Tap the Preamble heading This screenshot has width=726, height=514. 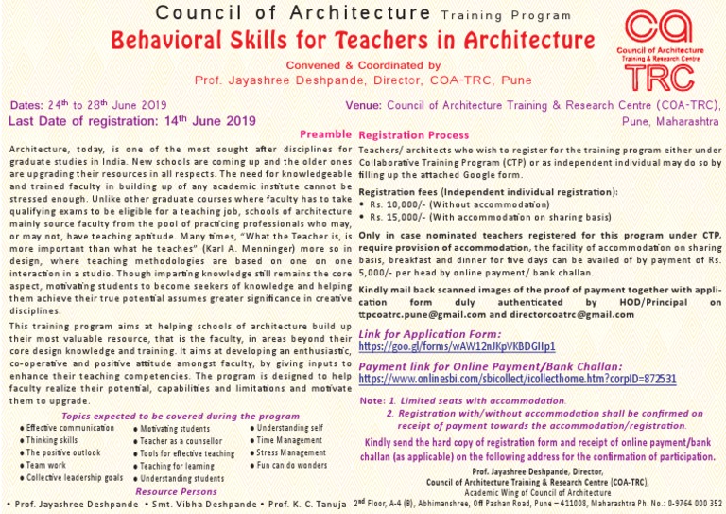coord(325,134)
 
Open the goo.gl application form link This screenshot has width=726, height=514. coord(458,347)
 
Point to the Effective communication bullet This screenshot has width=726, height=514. coord(63,429)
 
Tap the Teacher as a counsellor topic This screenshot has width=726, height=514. coord(184,441)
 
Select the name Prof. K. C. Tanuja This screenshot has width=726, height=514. coord(308,503)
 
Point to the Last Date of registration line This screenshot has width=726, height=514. coord(132,120)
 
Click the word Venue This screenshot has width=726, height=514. coord(364,106)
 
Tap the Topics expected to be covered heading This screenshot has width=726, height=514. coord(181,416)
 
